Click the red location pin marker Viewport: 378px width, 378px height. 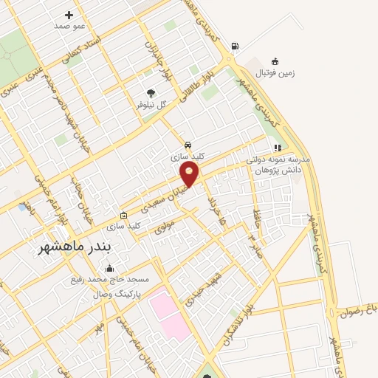pyautogui.click(x=190, y=174)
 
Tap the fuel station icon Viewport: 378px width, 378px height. pyautogui.click(x=235, y=46)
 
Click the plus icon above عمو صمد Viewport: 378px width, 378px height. pyautogui.click(x=69, y=15)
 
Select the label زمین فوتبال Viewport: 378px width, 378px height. pyautogui.click(x=275, y=73)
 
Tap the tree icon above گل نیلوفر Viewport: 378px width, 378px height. pyautogui.click(x=151, y=93)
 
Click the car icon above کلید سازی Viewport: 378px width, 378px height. pyautogui.click(x=188, y=145)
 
